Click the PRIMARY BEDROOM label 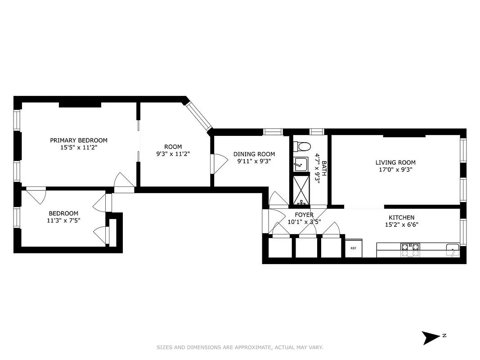(79, 140)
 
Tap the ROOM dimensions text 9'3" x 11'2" (173, 153)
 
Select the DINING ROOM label (254, 154)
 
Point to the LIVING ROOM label (395, 162)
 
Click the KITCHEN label (401, 218)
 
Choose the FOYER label (304, 215)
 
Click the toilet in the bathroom (301, 147)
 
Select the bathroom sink (301, 164)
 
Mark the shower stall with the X (301, 189)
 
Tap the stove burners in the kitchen (410, 250)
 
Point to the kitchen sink (451, 250)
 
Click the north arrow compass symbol (430, 337)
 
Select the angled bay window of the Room (198, 115)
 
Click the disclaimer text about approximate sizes (240, 347)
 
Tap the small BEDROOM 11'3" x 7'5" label (63, 217)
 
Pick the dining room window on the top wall (273, 132)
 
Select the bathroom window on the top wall (317, 132)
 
